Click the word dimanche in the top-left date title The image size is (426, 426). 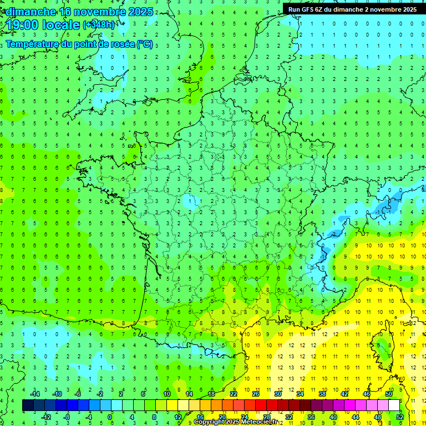point(28,12)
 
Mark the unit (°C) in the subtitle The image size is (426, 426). point(145,44)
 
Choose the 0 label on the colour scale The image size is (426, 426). point(110,417)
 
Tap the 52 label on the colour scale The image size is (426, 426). point(400,417)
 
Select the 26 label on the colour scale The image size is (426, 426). point(256,393)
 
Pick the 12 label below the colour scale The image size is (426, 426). point(177,417)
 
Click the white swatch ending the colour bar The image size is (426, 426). point(394,405)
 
